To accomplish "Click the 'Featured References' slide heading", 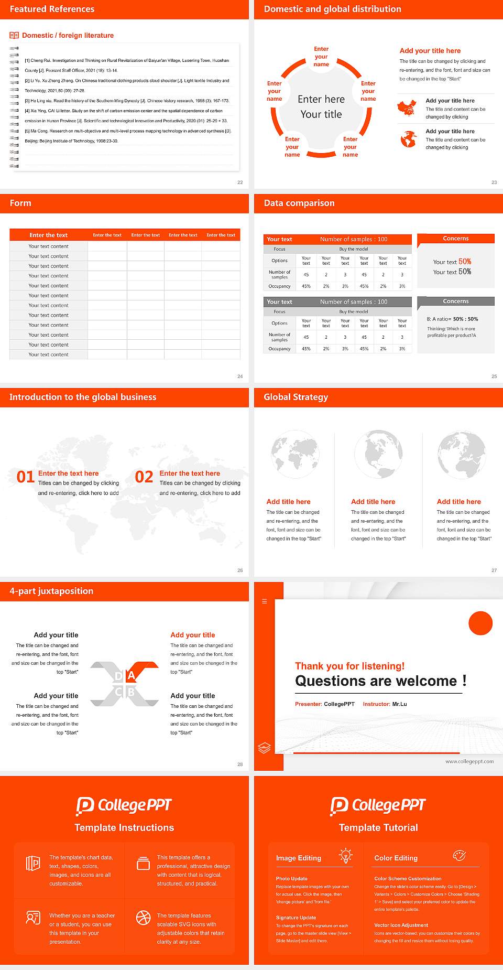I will pyautogui.click(x=52, y=9).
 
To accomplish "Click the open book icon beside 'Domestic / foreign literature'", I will pyautogui.click(x=14, y=35).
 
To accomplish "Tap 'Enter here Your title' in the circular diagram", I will pyautogui.click(x=321, y=106).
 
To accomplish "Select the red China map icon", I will pyautogui.click(x=407, y=108).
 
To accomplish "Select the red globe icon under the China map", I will pyautogui.click(x=408, y=139).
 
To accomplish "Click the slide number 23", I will pyautogui.click(x=494, y=182).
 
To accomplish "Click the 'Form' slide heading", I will pyautogui.click(x=20, y=203).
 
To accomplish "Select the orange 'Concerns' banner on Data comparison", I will pyautogui.click(x=456, y=239).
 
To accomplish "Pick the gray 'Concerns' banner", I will pyautogui.click(x=456, y=301).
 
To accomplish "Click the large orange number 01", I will pyautogui.click(x=26, y=477).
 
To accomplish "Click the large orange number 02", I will pyautogui.click(x=144, y=477).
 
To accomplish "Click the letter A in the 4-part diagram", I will pyautogui.click(x=132, y=675).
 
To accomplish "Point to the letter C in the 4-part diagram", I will pyautogui.click(x=118, y=692).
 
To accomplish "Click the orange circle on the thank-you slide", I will pyautogui.click(x=480, y=623).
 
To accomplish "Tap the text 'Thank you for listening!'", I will pyautogui.click(x=349, y=666).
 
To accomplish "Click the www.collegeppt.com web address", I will pyautogui.click(x=469, y=761).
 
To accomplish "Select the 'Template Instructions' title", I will pyautogui.click(x=124, y=827).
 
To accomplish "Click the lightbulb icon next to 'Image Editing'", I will pyautogui.click(x=345, y=856).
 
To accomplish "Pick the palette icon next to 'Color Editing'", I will pyautogui.click(x=459, y=856).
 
